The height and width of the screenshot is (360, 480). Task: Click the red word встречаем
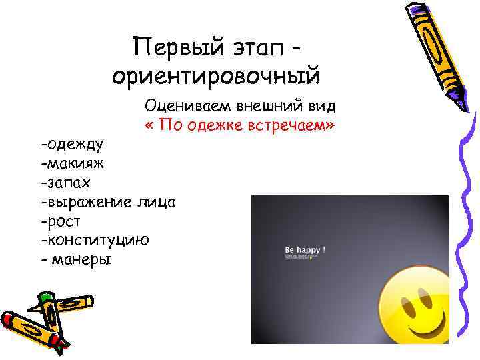[298, 126]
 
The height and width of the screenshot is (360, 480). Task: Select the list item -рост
[61, 220]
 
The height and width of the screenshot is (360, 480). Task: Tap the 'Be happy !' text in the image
[305, 251]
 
